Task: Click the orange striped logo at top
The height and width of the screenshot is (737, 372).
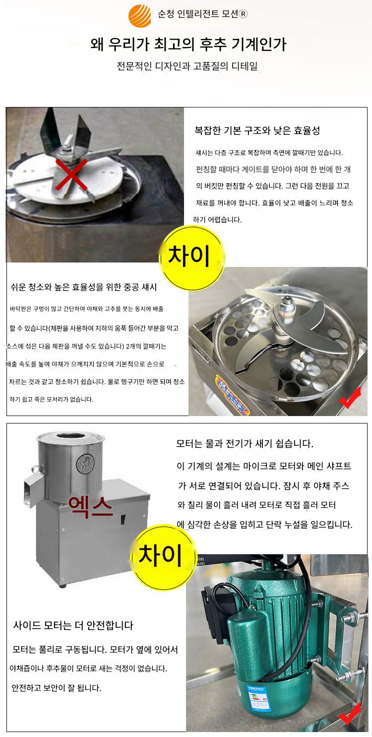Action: pyautogui.click(x=140, y=15)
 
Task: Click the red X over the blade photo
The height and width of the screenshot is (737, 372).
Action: pyautogui.click(x=71, y=174)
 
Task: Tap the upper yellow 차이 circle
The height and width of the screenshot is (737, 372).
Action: pyautogui.click(x=191, y=256)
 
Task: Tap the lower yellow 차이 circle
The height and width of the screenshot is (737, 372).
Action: pyautogui.click(x=163, y=556)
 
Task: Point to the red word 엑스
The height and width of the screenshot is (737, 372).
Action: pyautogui.click(x=91, y=507)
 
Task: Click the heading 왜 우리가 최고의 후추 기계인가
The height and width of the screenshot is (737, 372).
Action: pyautogui.click(x=188, y=44)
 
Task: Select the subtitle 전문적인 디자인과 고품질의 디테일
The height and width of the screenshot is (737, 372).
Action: pyautogui.click(x=187, y=66)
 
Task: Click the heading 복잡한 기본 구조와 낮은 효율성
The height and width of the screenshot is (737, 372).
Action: pyautogui.click(x=257, y=131)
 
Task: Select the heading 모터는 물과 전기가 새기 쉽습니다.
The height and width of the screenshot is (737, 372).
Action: pyautogui.click(x=245, y=443)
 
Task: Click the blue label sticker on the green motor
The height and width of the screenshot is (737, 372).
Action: pyautogui.click(x=258, y=697)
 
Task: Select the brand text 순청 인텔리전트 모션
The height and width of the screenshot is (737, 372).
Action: pyautogui.click(x=202, y=14)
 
